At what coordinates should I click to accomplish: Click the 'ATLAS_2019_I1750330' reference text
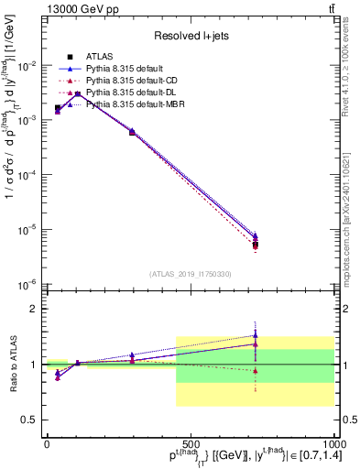click(189, 274)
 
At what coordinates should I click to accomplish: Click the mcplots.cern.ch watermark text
click(349, 211)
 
